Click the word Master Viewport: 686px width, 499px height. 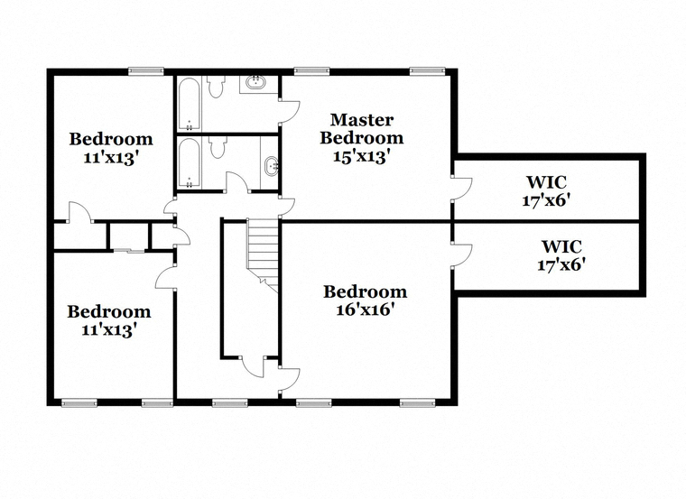click(x=362, y=119)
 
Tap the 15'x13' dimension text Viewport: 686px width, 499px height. click(x=361, y=156)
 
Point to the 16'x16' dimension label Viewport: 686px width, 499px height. click(x=366, y=310)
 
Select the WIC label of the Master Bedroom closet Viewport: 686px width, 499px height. click(x=546, y=181)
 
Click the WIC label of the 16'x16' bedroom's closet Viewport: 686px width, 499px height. click(x=561, y=246)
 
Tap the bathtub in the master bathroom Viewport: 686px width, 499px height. click(x=189, y=104)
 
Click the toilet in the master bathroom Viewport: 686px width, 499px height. click(x=216, y=86)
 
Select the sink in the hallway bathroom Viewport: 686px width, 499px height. click(x=272, y=166)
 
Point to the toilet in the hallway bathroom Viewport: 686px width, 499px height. click(x=217, y=147)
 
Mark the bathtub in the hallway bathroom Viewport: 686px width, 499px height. click(x=189, y=163)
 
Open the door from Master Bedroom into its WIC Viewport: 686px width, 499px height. click(x=461, y=188)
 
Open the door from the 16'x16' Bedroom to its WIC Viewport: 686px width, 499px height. click(x=461, y=254)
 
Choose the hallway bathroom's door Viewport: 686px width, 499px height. click(x=237, y=182)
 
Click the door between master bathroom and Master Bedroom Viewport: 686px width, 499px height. click(x=289, y=112)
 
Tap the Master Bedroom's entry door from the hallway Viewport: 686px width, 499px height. click(x=287, y=206)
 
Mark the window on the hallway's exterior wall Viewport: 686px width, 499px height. click(x=229, y=402)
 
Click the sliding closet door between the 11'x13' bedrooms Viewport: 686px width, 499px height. click(x=129, y=251)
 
